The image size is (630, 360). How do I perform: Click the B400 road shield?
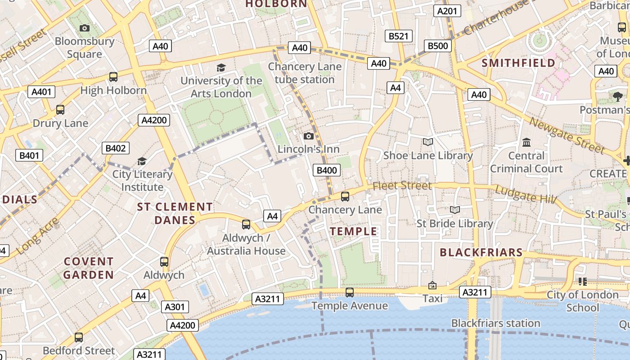point(327,170)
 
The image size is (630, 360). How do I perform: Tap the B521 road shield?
point(398,36)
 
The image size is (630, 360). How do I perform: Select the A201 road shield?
point(447,11)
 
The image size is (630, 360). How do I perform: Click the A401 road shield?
point(41,92)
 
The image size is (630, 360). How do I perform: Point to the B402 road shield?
point(115,148)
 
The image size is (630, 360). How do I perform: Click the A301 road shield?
point(175,307)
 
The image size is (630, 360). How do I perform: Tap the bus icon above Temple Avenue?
point(349,292)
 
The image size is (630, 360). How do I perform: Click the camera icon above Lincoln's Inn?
point(309,136)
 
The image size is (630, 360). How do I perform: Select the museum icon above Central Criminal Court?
point(526,143)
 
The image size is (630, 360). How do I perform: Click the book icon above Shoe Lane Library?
point(428,142)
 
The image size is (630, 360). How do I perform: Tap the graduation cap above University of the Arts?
point(220,67)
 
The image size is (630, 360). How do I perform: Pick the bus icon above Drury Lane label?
point(60,109)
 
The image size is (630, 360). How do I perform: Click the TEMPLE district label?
point(354,231)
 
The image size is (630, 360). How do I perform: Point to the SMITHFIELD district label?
point(518,63)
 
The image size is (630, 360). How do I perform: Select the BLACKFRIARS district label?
point(481,252)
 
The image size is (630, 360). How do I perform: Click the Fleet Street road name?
point(402,185)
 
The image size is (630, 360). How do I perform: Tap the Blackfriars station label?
point(495,323)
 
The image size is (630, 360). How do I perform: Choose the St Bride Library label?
point(454,223)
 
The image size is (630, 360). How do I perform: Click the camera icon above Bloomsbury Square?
point(84,28)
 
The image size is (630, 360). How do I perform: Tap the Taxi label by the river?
point(432,298)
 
